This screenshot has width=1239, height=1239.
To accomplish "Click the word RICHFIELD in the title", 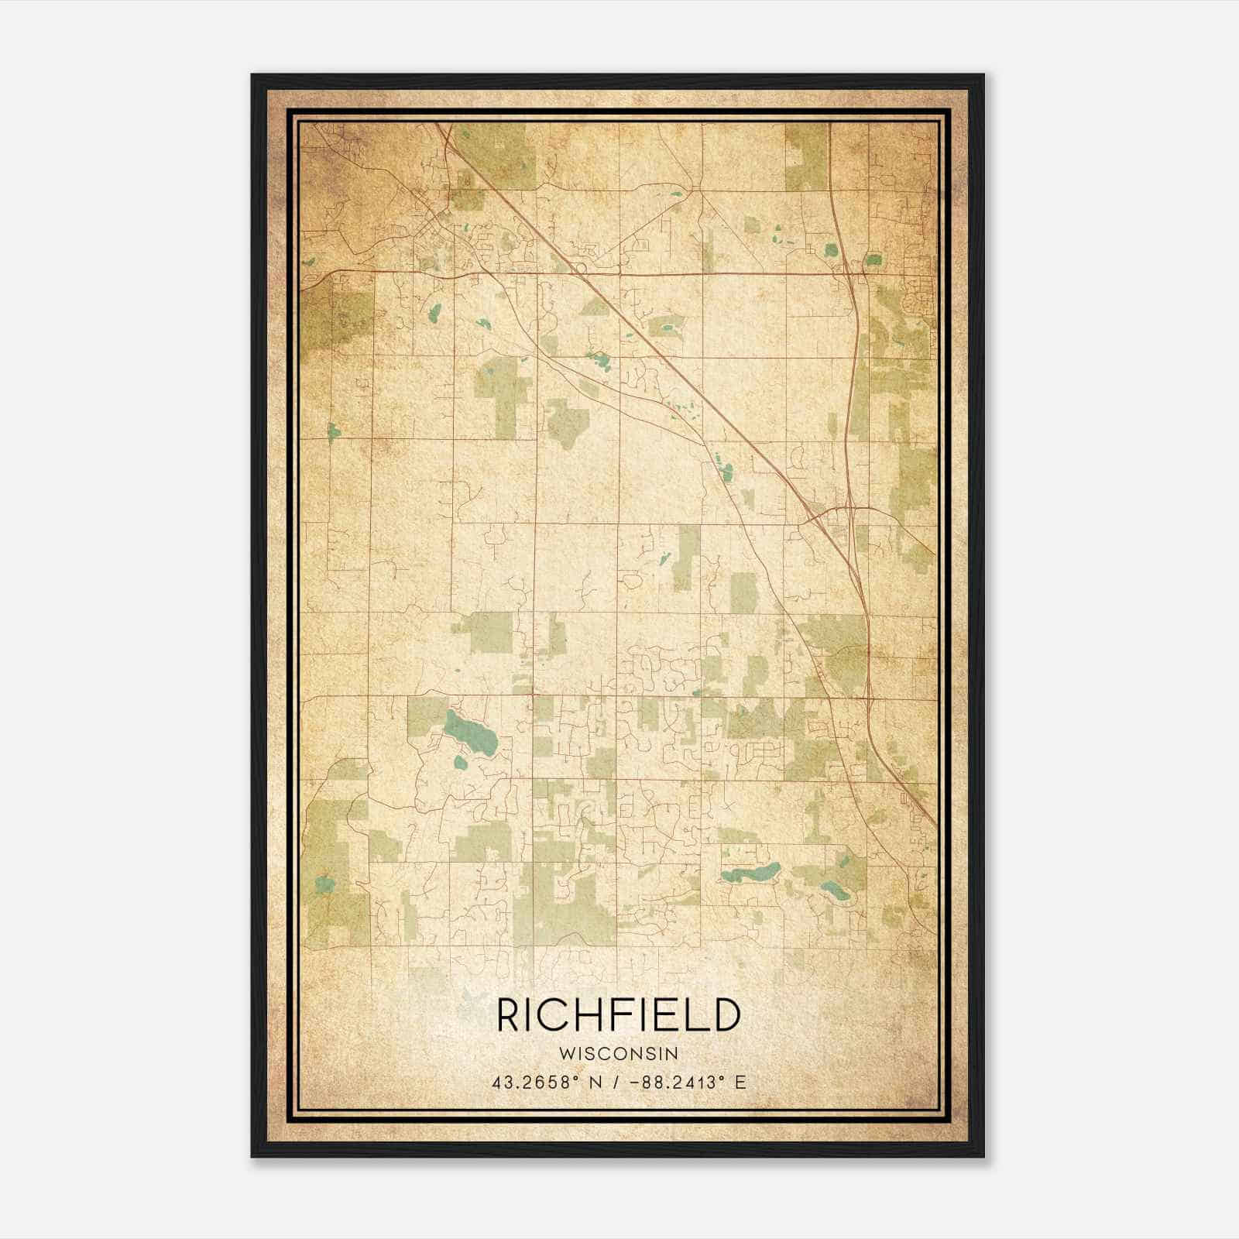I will click(618, 1015).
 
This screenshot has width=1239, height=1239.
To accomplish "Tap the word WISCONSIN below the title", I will click(618, 1054).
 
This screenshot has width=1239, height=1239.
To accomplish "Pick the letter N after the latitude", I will click(596, 1083).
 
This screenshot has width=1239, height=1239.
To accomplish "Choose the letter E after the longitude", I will click(741, 1083).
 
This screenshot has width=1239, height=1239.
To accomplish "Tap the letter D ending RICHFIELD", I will click(726, 1015).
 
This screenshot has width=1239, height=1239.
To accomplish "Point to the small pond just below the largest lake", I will click(460, 763).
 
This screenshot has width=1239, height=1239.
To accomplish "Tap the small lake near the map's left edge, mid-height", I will click(333, 431).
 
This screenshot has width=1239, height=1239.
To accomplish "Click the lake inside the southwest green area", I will click(325, 883).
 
